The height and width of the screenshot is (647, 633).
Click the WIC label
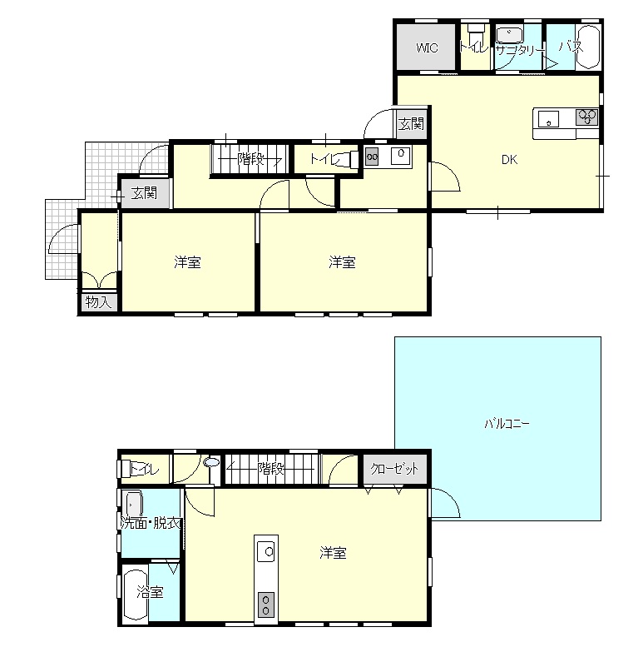pyautogui.click(x=427, y=47)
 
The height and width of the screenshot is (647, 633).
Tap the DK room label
pyautogui.click(x=509, y=160)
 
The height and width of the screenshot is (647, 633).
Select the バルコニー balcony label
pyautogui.click(x=507, y=424)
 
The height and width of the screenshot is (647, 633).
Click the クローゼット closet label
pyautogui.click(x=394, y=469)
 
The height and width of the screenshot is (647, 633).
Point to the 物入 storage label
pyautogui.click(x=98, y=302)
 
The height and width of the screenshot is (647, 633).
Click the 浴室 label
pyautogui.click(x=150, y=593)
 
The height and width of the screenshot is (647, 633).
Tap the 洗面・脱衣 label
pyautogui.click(x=151, y=523)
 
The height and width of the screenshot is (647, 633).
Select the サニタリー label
pyautogui.click(x=520, y=50)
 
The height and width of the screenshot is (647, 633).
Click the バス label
pyautogui.click(x=571, y=47)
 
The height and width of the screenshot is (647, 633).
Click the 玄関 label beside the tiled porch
pyautogui.click(x=144, y=192)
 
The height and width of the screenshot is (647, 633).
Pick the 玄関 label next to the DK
pyautogui.click(x=411, y=123)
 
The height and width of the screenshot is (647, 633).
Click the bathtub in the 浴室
pyautogui.click(x=136, y=595)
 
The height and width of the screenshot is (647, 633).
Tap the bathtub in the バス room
pyautogui.click(x=588, y=47)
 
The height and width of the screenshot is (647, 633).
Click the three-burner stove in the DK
pyautogui.click(x=587, y=117)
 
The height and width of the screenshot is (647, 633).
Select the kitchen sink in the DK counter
pyautogui.click(x=548, y=119)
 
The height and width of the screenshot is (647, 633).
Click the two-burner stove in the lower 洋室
pyautogui.click(x=266, y=605)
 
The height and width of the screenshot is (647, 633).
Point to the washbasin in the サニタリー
pyautogui.click(x=509, y=35)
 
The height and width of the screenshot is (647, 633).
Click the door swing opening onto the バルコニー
pyautogui.click(x=446, y=502)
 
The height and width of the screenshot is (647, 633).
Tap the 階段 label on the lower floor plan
pyautogui.click(x=271, y=468)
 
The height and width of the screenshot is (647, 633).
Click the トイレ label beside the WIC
pyautogui.click(x=474, y=47)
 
